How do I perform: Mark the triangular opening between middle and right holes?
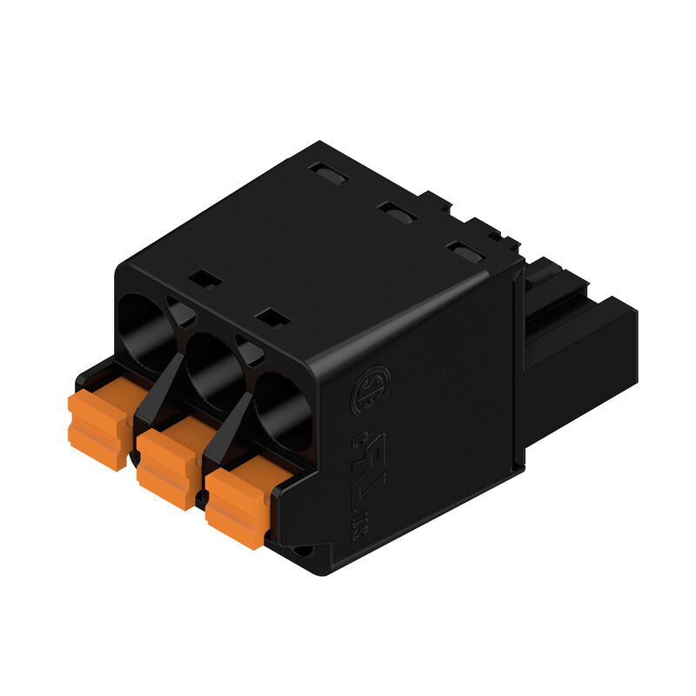[250, 351]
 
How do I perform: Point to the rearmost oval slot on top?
[330, 174]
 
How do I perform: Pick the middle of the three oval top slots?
[396, 212]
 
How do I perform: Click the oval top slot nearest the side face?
[465, 253]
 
